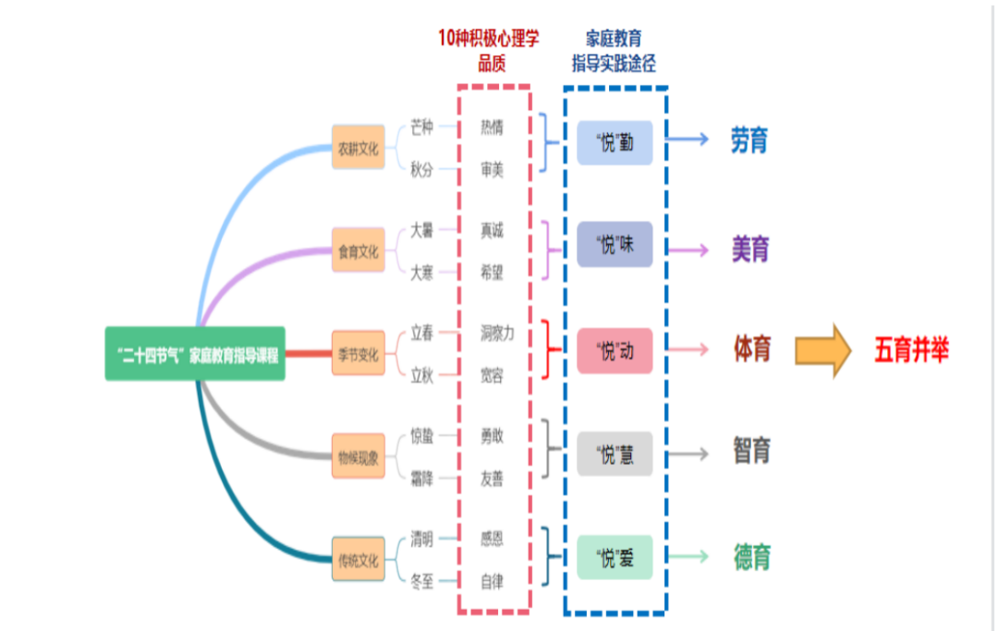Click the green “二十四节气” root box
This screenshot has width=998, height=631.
pos(195,354)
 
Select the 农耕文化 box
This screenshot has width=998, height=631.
pos(359,147)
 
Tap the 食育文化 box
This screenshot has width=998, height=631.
pos(359,250)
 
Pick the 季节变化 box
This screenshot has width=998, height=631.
pos(359,353)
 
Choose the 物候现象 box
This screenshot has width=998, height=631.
pos(359,456)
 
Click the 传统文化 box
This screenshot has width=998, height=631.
pos(359,559)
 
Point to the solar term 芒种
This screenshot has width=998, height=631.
pos(421,127)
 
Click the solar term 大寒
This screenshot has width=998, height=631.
pos(421,273)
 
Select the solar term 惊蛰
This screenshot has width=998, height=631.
pos(421,436)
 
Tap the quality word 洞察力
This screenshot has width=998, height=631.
pos(497,333)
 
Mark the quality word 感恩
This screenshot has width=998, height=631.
pos(492,539)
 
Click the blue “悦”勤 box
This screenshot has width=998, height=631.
pos(615,142)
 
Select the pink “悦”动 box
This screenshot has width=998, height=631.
pos(615,350)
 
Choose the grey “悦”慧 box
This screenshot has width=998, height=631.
pos(615,455)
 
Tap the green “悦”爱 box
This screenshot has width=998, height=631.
pos(615,557)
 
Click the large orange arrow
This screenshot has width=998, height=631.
pos(823,350)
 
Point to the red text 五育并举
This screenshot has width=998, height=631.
pos(911,350)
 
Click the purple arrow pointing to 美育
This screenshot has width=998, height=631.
pos(688,250)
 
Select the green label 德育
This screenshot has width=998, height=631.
pos(752,557)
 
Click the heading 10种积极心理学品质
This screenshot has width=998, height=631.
pos(489,50)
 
